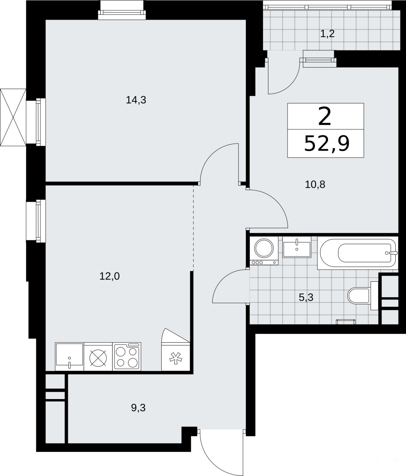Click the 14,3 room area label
click(136, 100)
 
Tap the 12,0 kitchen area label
click(109, 276)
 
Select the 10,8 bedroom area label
click(315, 185)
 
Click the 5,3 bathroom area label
click(306, 297)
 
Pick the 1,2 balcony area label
click(328, 34)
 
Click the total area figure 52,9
click(327, 143)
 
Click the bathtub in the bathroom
click(357, 253)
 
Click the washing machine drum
click(264, 248)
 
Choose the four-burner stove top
click(127, 357)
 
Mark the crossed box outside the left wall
click(13, 118)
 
